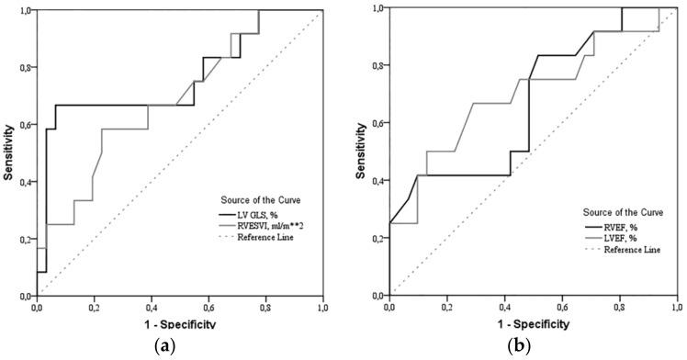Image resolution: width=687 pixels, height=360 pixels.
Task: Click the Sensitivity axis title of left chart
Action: (8, 153)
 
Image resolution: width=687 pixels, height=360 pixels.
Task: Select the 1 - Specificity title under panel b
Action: (531, 323)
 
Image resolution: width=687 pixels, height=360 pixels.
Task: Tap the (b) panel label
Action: (530, 346)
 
